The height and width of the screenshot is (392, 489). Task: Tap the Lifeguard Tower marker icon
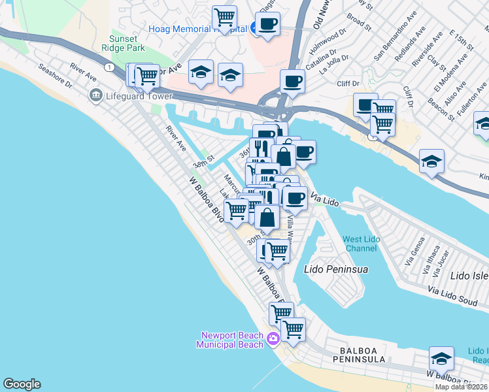(x=95, y=96)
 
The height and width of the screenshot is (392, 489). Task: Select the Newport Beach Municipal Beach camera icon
(x=273, y=338)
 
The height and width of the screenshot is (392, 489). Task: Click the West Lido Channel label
(x=361, y=244)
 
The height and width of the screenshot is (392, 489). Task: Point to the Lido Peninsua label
(x=336, y=269)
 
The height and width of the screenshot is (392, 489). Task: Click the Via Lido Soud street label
(x=453, y=292)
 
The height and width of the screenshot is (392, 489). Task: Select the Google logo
(x=22, y=384)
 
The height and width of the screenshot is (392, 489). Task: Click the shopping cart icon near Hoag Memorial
(x=225, y=17)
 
